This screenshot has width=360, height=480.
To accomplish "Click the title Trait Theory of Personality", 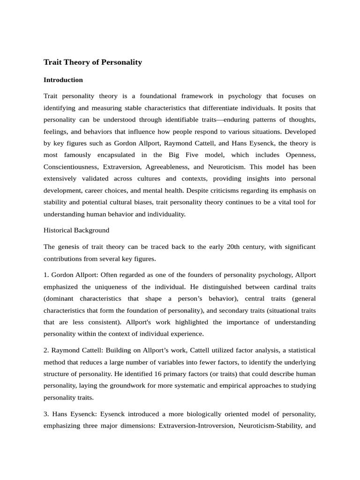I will [x=92, y=62].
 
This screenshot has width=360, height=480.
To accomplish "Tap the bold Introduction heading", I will [x=63, y=80].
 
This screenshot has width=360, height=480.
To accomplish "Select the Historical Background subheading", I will [x=76, y=230].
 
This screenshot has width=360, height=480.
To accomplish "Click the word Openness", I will [x=300, y=155].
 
